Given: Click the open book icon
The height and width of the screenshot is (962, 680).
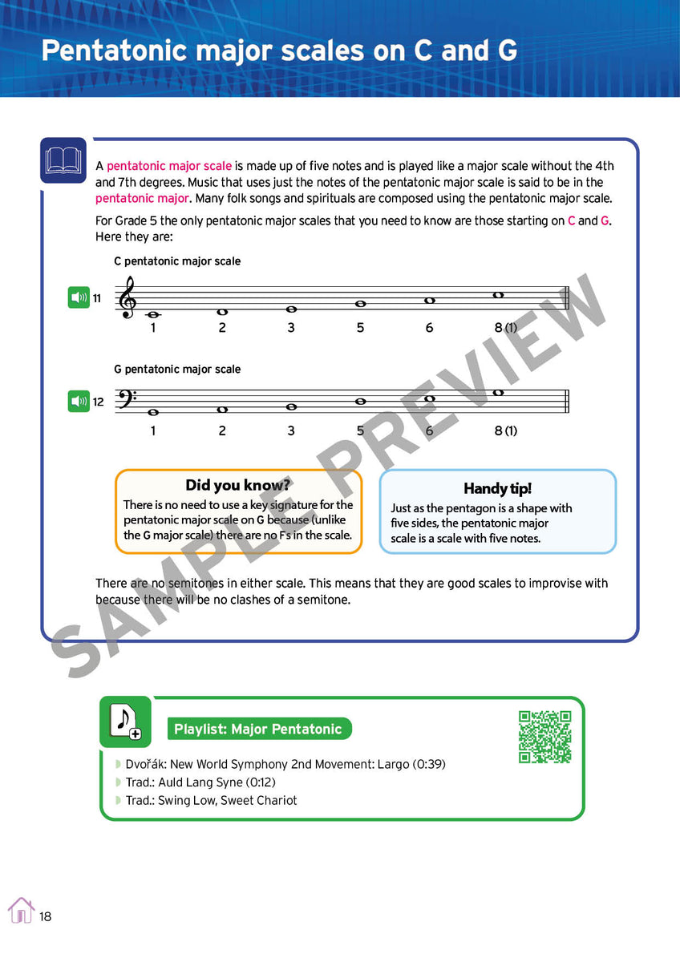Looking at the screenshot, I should pos(63,160).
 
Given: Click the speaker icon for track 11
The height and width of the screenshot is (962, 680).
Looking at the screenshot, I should pos(79,298).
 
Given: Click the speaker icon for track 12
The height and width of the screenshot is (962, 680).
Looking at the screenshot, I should pos(79,402).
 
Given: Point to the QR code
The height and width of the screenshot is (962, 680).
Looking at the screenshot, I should pos(544,736).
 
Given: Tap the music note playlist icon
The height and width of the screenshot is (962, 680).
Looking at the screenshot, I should pos(124,721).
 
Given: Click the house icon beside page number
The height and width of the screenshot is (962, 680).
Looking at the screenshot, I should pos(21,911).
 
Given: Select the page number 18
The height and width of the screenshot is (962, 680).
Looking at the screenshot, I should pos(45,916).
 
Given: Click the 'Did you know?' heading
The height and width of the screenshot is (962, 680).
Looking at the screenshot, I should pos(237,485).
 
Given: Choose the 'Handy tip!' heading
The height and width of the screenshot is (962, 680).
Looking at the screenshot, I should pos(497,488).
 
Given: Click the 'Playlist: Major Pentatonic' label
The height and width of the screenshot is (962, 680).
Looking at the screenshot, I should pos(257,729).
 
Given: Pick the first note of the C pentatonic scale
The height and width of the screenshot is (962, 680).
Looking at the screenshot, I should pos(153,315).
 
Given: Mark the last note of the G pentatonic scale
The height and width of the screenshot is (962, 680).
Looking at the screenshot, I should pos(498,393).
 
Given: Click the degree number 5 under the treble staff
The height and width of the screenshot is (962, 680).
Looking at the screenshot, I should pos(360,327).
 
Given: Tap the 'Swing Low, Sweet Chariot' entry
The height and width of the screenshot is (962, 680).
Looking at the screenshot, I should pos(211,800).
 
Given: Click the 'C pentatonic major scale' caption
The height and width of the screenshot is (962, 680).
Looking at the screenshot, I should pos(177,261).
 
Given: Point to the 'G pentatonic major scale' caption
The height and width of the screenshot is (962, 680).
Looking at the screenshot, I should pos(177,369).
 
